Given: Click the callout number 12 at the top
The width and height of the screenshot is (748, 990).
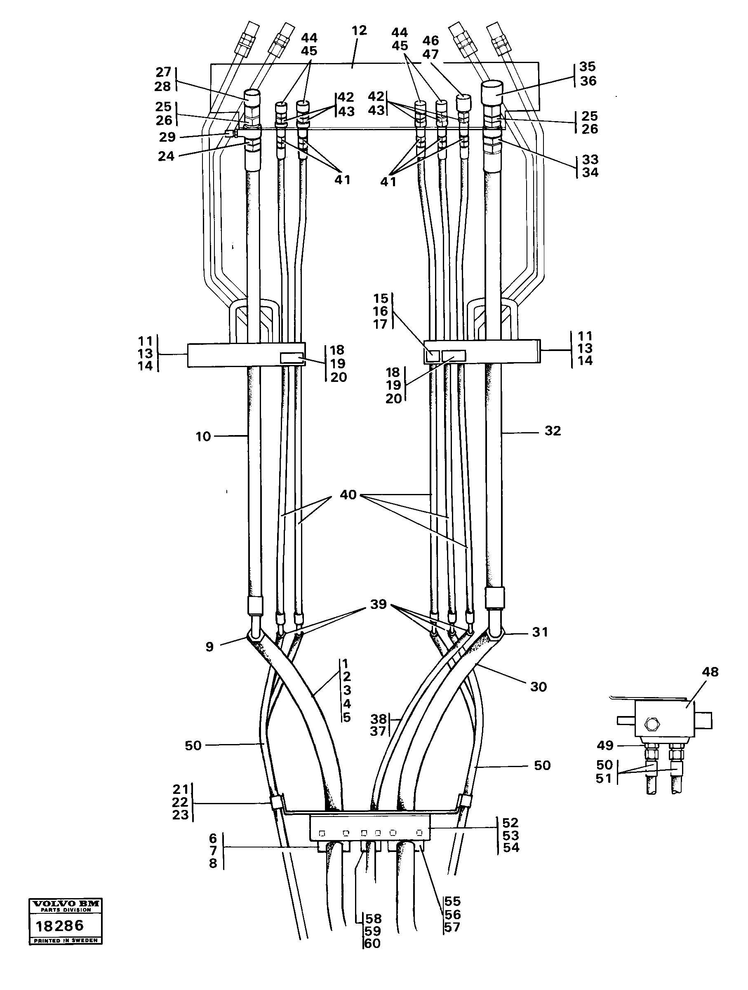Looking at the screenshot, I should [x=359, y=30].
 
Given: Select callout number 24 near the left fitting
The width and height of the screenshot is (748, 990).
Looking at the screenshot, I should [x=166, y=156].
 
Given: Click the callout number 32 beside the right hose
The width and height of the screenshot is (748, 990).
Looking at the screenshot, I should [x=553, y=431].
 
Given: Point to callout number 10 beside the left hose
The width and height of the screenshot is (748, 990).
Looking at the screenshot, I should [x=203, y=436].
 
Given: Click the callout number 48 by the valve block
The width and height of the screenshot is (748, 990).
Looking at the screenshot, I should [x=710, y=672].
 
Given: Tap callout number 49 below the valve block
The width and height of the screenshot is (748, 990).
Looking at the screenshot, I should [x=605, y=745].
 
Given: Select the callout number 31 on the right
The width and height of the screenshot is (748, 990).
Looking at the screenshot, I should [x=540, y=632].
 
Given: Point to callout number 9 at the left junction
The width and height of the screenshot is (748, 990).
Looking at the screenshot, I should [x=209, y=647].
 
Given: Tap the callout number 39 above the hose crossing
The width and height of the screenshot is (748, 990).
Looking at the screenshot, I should [x=378, y=604].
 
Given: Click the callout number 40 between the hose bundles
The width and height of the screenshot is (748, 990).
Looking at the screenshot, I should [x=348, y=495].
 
